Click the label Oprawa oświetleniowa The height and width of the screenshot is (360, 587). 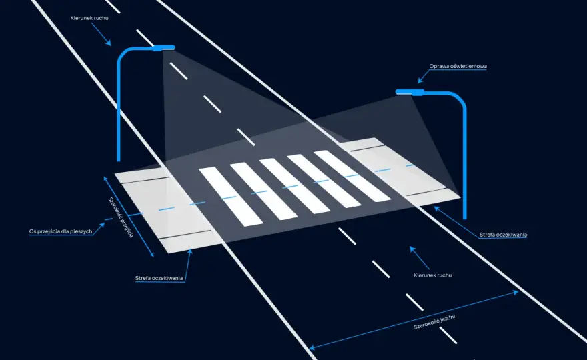point(458,66)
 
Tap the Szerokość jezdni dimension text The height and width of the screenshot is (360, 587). point(435,322)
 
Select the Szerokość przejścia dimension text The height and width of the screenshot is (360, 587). point(121,217)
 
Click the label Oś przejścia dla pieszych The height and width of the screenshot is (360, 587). point(61,231)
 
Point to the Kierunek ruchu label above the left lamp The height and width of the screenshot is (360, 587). point(89,18)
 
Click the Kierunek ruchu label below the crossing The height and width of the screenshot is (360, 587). point(432,275)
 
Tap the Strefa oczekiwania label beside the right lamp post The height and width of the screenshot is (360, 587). point(503,235)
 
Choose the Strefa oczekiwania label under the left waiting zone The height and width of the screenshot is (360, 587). point(159,278)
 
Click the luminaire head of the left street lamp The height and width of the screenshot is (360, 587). point(164,47)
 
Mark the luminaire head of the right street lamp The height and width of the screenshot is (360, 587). point(410,92)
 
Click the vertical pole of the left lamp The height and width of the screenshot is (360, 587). point(119,112)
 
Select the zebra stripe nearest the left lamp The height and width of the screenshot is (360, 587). point(231,197)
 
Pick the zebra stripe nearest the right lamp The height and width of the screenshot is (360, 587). point(352,176)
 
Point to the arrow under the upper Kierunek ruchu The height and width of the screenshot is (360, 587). point(101,34)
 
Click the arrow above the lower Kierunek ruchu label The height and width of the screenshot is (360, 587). point(419,257)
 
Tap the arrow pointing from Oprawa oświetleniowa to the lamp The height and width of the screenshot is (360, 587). point(424,76)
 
